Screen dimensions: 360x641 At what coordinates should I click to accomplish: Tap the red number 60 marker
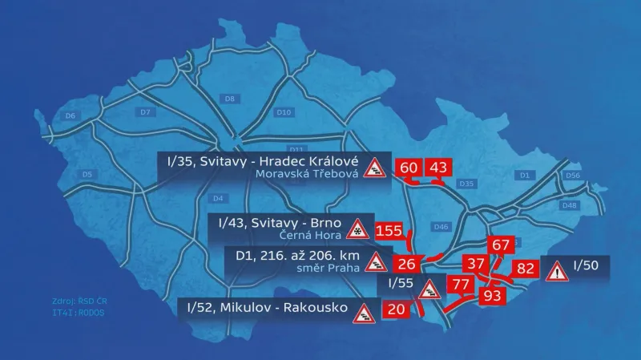[x=409, y=168]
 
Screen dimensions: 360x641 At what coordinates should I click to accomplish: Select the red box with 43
[x=438, y=168]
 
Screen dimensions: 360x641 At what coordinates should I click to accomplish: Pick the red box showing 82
[x=526, y=269]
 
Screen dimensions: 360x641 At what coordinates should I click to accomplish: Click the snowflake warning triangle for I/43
[x=355, y=229]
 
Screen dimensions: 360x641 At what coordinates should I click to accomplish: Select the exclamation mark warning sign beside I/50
[x=555, y=271]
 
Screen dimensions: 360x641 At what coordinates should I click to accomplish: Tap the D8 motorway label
[x=230, y=99]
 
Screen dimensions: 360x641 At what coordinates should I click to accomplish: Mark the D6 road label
[x=71, y=116]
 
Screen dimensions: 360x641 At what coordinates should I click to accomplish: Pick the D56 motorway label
[x=572, y=175]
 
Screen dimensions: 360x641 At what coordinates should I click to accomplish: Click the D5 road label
[x=88, y=174]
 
